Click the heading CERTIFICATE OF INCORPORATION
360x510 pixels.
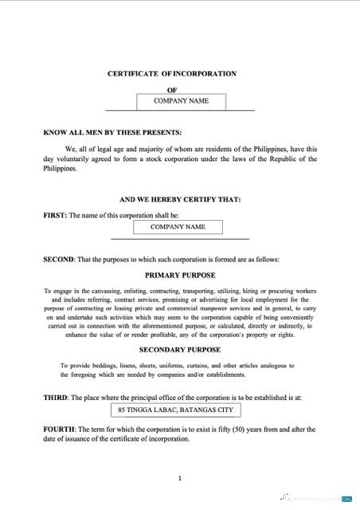click(x=171, y=73)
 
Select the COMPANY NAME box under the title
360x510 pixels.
click(x=181, y=101)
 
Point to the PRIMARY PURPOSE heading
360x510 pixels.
click(x=178, y=274)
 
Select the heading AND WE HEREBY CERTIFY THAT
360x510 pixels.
click(x=179, y=198)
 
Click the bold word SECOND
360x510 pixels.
click(x=59, y=259)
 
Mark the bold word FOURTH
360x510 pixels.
click(x=59, y=429)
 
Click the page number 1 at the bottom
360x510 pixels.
click(x=180, y=478)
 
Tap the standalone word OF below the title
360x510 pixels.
click(x=171, y=90)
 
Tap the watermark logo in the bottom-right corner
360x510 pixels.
click(x=346, y=498)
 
